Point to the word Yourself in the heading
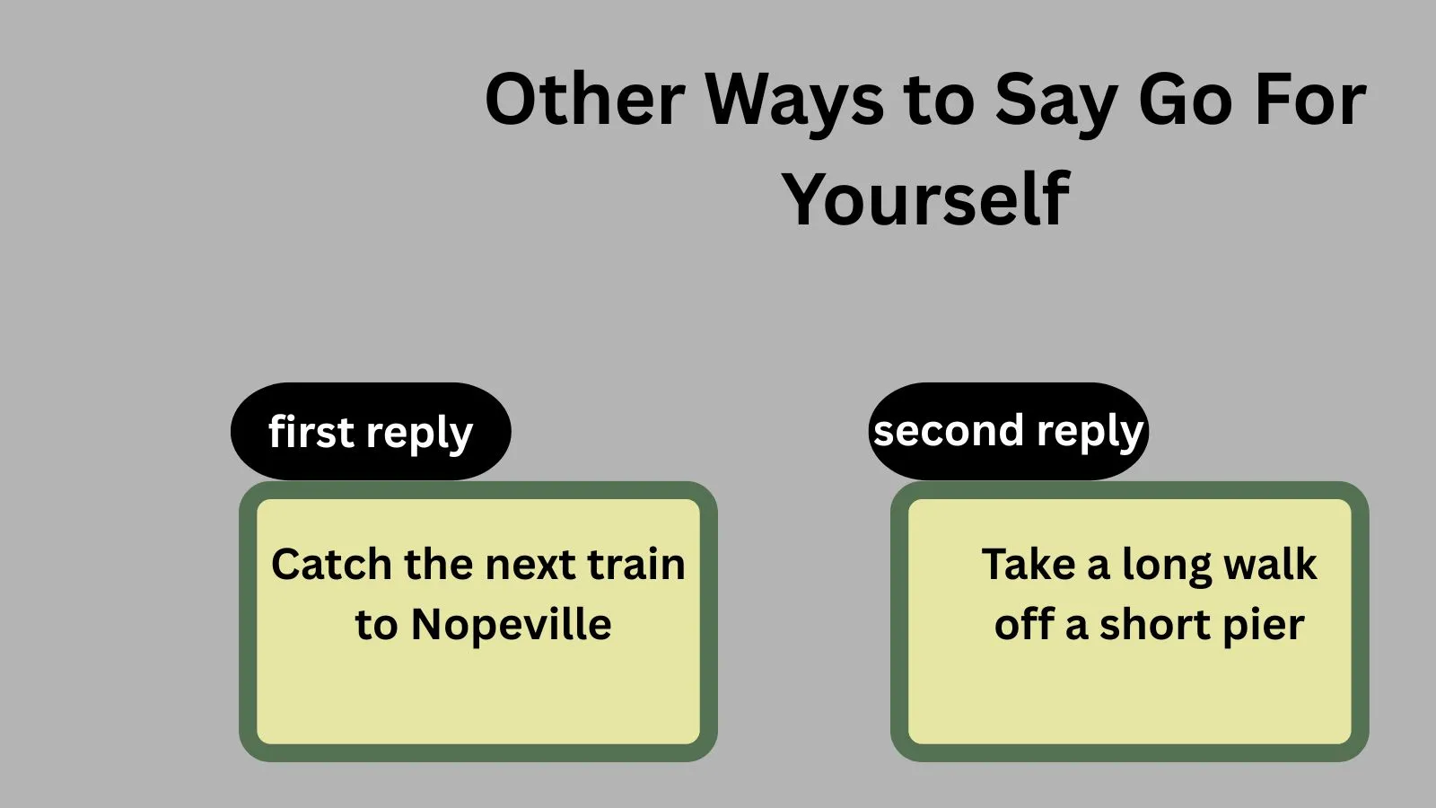click(x=925, y=199)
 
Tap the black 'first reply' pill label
click(x=371, y=432)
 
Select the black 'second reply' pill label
click(x=1009, y=432)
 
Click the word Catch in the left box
click(x=331, y=565)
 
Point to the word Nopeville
click(x=512, y=624)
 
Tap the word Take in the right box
click(x=1029, y=565)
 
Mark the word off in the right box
click(x=1024, y=624)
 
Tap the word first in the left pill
click(x=311, y=431)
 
